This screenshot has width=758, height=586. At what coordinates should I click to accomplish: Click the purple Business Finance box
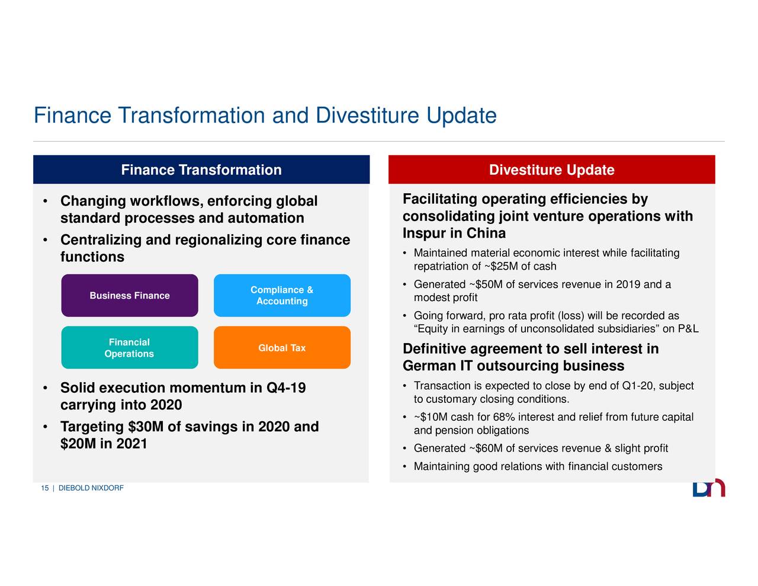click(x=129, y=296)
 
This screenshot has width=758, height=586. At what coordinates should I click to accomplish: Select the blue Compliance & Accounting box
click(x=282, y=296)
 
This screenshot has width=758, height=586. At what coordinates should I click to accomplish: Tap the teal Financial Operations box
click(x=129, y=348)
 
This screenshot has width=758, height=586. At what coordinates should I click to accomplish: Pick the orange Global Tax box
click(x=282, y=348)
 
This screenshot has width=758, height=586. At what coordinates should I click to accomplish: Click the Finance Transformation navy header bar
click(x=201, y=170)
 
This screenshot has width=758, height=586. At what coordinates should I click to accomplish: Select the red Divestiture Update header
click(x=551, y=170)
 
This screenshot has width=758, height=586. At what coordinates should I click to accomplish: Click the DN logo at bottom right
click(x=708, y=488)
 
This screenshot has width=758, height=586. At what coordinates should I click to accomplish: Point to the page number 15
click(x=44, y=488)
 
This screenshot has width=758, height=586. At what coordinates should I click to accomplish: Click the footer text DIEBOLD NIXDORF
click(x=91, y=488)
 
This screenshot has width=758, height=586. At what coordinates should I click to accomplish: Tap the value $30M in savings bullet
click(x=146, y=427)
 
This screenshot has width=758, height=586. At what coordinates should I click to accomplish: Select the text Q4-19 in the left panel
click(x=286, y=388)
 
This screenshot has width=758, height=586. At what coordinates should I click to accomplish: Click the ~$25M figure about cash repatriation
click(x=501, y=266)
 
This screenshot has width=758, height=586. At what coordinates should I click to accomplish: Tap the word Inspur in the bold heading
click(x=424, y=233)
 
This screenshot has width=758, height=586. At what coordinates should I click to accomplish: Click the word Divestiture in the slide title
click(x=368, y=116)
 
